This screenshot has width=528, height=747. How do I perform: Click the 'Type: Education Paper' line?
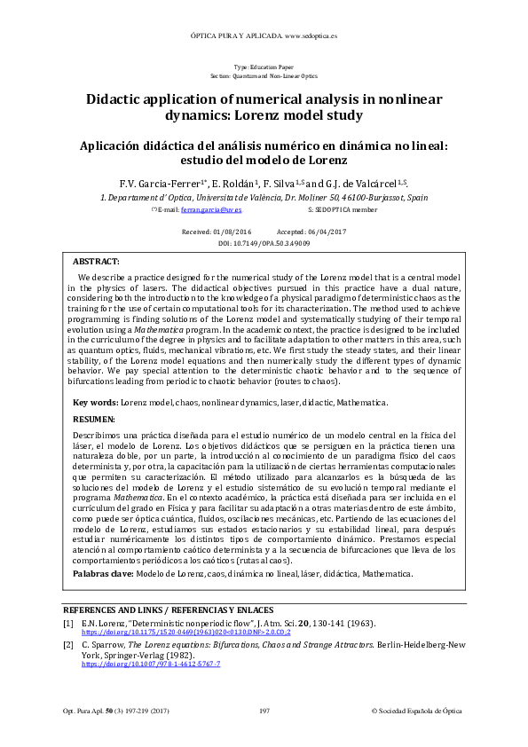tap(264, 68)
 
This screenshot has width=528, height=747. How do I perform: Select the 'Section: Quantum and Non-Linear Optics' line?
tap(264, 77)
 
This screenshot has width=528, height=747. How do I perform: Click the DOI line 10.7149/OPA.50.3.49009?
tap(264, 242)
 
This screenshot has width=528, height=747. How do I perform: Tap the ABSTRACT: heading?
tap(96, 263)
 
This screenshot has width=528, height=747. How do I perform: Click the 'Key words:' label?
tap(95, 402)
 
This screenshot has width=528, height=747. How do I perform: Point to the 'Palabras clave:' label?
tap(103, 574)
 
